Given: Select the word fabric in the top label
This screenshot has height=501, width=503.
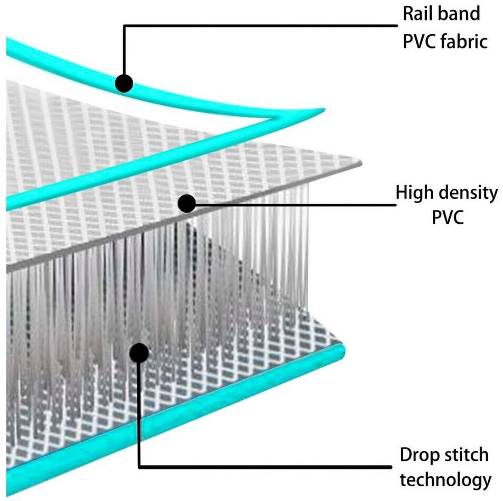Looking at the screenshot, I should coord(461,41).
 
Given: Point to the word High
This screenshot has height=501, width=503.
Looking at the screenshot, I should coord(416,194).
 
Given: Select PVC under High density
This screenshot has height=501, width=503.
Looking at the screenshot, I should coord(447,217).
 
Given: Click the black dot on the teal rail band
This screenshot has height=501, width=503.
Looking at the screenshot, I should coord(124,83).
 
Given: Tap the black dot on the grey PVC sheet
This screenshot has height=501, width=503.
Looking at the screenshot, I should coord(186,204).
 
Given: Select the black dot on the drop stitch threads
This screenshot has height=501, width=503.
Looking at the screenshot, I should coord(138,352).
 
